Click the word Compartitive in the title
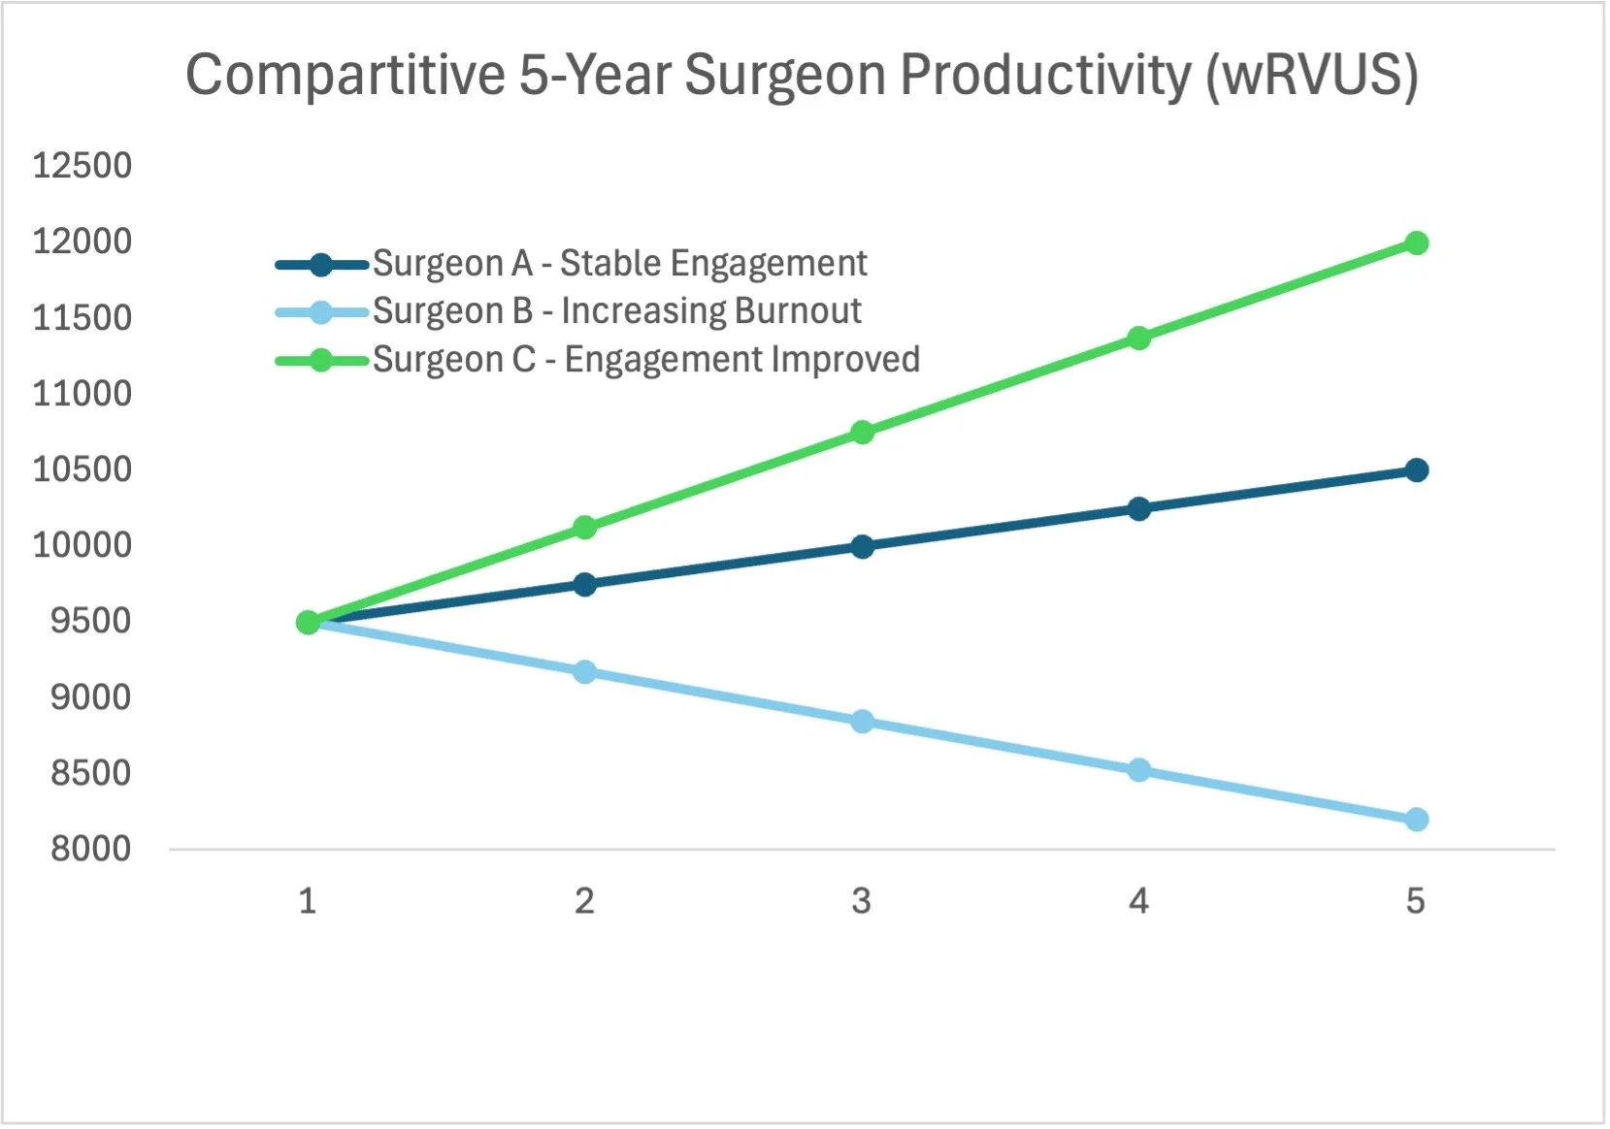(345, 76)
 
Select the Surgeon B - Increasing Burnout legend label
(616, 311)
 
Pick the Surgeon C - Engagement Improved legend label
(645, 360)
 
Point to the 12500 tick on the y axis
(82, 166)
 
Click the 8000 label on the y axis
(90, 849)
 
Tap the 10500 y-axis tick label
(82, 469)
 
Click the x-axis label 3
(861, 902)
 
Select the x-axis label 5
(1415, 902)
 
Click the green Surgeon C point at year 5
(1416, 242)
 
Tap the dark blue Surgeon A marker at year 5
(1416, 470)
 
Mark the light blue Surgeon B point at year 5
(1416, 820)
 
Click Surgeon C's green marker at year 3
(862, 433)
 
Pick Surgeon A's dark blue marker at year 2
(584, 584)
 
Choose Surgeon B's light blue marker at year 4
(1138, 770)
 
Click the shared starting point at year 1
(308, 622)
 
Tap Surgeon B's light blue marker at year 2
(584, 671)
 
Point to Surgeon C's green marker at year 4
(1138, 338)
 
